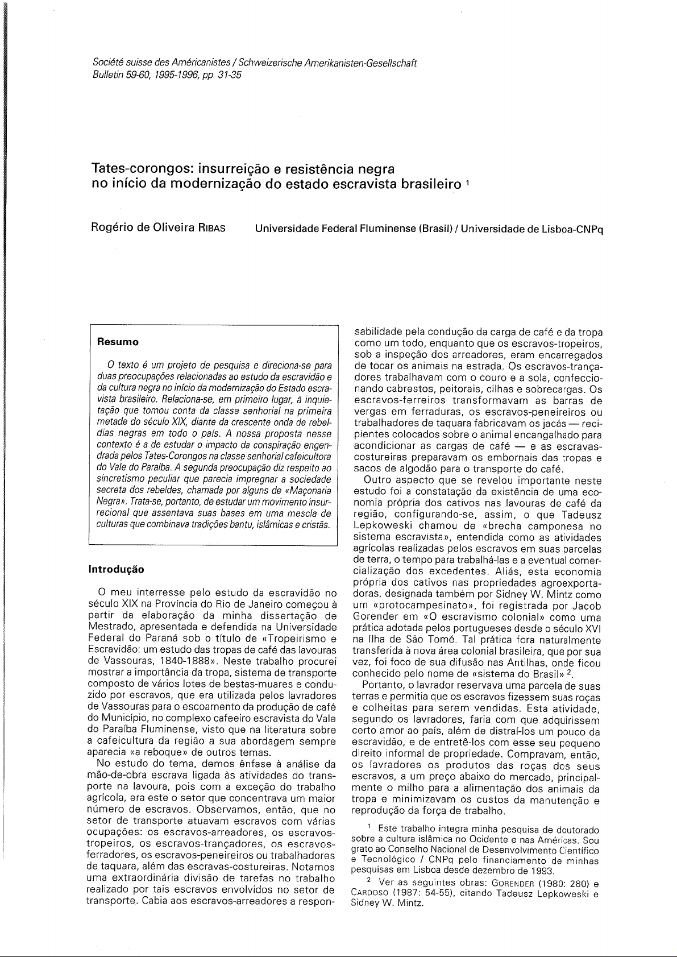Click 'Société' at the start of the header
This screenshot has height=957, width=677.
click(106, 64)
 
